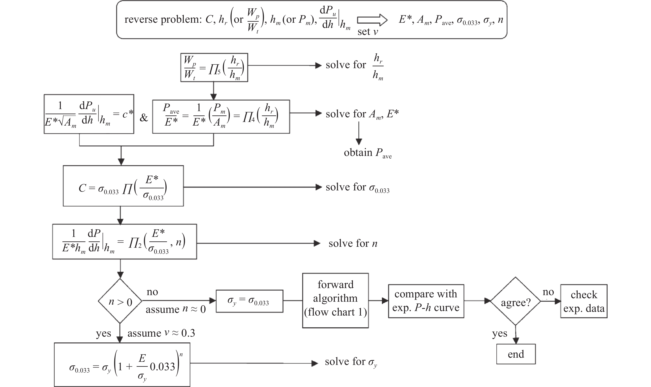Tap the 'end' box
pos(516,354)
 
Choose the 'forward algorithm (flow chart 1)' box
pos(335,300)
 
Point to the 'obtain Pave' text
pos(368,153)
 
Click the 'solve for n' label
pos(353,243)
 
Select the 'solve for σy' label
pos(351,362)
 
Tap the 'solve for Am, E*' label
pos(362,114)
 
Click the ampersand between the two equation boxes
pos(143,118)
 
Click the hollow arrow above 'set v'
pos(372,20)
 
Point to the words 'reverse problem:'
pos(163,20)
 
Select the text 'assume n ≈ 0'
pos(176,309)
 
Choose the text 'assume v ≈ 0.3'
pos(161,333)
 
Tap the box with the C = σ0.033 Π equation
pos(123,186)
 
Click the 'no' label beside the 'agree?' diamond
pos(548,292)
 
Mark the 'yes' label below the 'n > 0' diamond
pos(104,334)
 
